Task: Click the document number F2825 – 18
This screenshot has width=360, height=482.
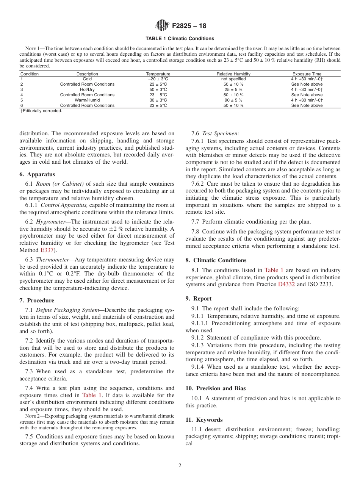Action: point(189,26)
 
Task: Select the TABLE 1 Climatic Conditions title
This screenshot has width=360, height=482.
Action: point(180,39)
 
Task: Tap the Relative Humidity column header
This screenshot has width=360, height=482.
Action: point(233,74)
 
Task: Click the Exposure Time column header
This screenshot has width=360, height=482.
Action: point(307,74)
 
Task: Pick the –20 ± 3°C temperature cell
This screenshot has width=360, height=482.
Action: point(158,79)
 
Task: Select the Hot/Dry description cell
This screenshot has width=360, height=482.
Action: point(87,89)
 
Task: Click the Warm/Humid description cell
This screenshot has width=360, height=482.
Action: point(87,100)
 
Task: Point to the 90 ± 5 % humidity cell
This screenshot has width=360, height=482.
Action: point(233,100)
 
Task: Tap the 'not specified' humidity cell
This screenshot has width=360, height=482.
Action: point(233,79)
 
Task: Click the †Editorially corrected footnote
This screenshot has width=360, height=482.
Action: point(41,111)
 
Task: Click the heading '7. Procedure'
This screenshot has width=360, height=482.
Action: point(38,300)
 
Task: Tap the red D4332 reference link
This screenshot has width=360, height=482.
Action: point(286,284)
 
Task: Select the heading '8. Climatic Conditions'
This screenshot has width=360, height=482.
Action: point(216,260)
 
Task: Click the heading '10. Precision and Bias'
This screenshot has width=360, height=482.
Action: point(215,388)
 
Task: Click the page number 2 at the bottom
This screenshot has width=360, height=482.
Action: point(180,466)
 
